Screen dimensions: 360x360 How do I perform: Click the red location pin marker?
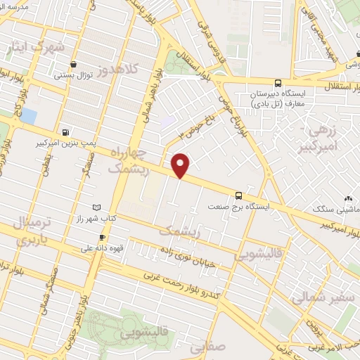click(181, 165)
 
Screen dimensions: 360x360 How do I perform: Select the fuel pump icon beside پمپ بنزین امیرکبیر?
click(65, 131)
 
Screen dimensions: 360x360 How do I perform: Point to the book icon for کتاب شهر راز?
click(97, 207)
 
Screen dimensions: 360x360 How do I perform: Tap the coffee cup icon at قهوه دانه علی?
click(102, 238)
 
